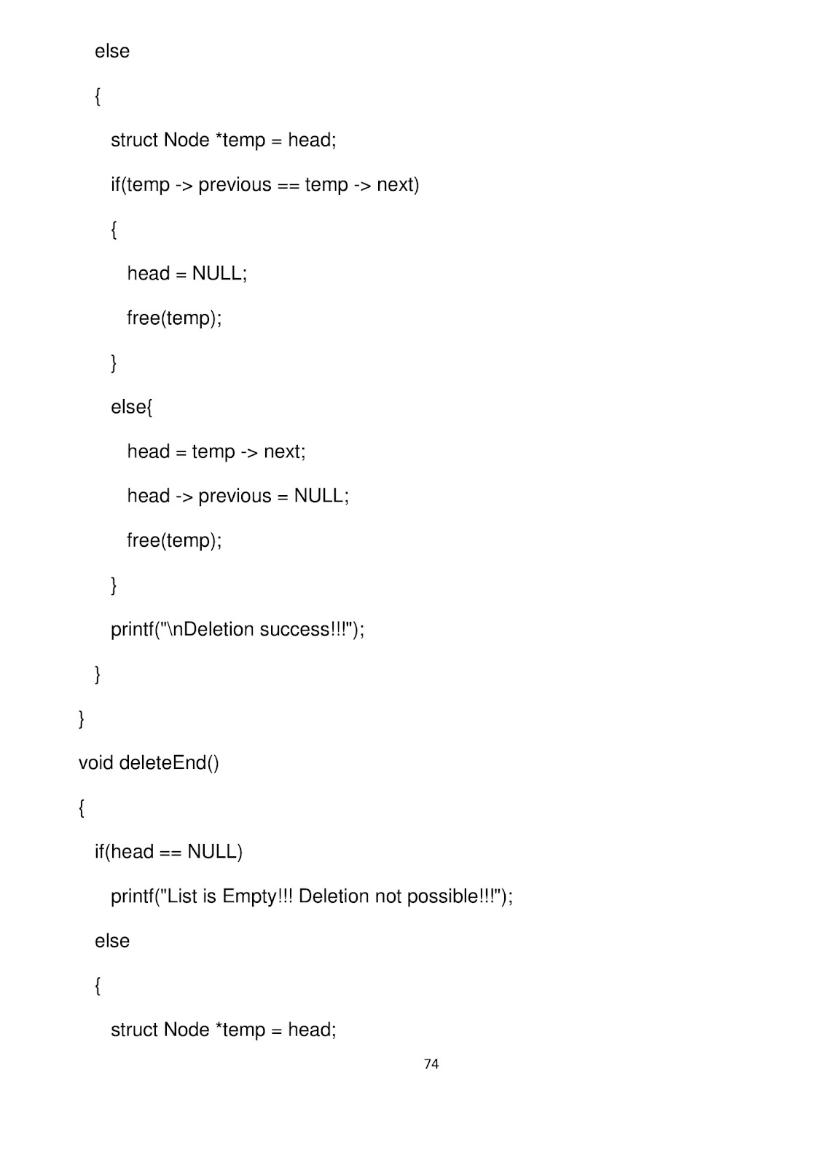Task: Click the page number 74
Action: point(431,1064)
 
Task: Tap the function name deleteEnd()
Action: point(168,763)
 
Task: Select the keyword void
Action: point(95,763)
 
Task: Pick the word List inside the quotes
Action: point(182,896)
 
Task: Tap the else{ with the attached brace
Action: point(131,407)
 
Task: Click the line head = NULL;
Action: point(187,274)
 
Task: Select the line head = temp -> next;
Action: point(216,451)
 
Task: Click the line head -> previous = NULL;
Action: point(238,496)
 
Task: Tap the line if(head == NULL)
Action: point(168,852)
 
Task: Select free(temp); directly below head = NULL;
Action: point(174,318)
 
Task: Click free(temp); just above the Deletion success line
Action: point(174,540)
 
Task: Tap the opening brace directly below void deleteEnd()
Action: point(82,808)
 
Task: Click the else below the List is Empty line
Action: point(112,941)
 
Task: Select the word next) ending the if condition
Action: point(398,185)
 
